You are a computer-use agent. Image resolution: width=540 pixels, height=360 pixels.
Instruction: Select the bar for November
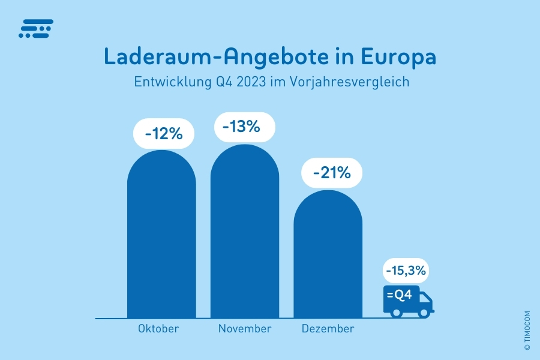click(244, 234)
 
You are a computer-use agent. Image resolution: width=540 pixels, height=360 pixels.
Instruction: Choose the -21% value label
click(331, 173)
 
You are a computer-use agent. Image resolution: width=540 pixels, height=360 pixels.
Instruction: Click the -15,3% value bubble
click(406, 271)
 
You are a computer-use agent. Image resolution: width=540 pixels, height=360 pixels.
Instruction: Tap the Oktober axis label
click(158, 329)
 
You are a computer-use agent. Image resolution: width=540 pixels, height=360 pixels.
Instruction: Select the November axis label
click(245, 329)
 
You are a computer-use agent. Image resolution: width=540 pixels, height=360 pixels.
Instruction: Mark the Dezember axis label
click(328, 329)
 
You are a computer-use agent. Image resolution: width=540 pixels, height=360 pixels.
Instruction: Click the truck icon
click(408, 300)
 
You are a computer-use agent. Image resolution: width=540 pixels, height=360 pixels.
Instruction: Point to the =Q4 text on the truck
click(399, 295)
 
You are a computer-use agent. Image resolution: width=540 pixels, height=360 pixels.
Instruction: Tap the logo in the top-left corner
click(36, 29)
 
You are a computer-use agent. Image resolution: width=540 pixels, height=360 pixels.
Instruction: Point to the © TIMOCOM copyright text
click(527, 330)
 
